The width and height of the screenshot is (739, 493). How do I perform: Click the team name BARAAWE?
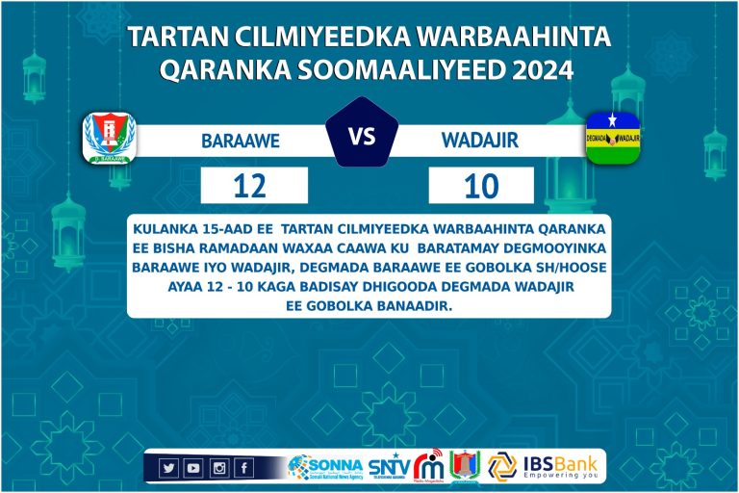coord(240,141)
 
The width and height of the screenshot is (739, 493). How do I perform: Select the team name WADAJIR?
coord(479,141)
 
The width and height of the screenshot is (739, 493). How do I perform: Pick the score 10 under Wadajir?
coord(480,185)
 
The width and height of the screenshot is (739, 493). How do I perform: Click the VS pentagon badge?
coord(362,136)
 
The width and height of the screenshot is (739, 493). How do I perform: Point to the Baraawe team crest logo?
coord(109,138)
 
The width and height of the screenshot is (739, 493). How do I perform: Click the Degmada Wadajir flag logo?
coord(613,138)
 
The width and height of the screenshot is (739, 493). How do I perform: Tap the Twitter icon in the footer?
coord(169,468)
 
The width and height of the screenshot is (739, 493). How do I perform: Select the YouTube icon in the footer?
coord(193,468)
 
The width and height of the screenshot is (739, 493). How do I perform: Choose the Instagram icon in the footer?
coord(218,468)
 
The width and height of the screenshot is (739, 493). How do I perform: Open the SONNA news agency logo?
coord(323,467)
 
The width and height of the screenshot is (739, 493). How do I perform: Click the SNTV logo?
coord(389,468)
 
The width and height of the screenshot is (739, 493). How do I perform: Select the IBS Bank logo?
coord(544,466)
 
